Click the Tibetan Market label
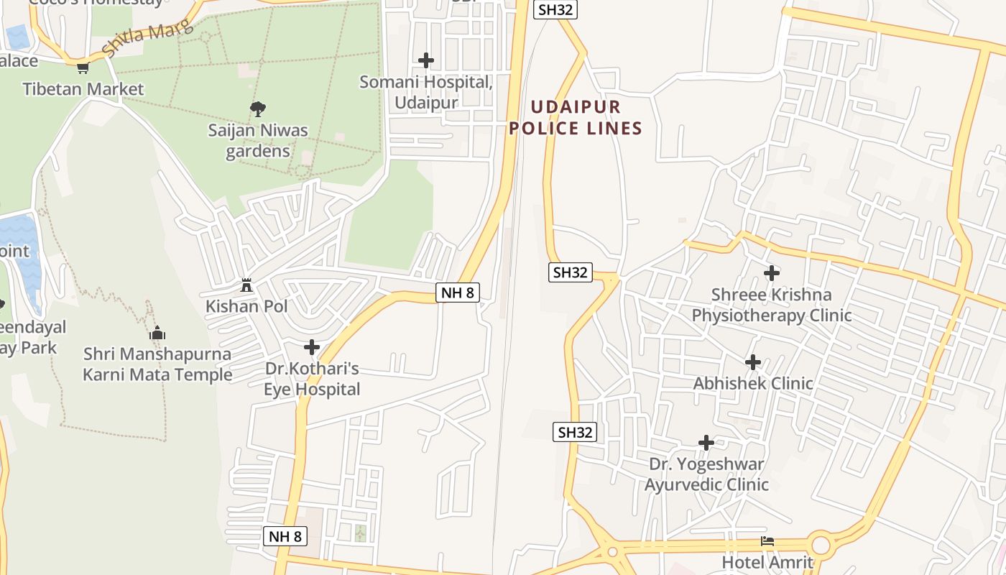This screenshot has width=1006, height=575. point(83,89)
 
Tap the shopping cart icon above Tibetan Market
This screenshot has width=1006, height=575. point(83,68)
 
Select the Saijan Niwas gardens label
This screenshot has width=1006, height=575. point(258,141)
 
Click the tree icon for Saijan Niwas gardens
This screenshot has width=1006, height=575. point(258,109)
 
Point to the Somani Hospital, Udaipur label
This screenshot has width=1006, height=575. point(426,92)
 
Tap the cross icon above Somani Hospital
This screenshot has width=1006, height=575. point(426,60)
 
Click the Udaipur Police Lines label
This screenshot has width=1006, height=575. point(575,118)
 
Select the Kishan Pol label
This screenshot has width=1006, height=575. point(246,306)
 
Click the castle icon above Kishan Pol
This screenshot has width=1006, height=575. point(246,285)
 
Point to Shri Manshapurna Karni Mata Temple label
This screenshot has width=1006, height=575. point(157,364)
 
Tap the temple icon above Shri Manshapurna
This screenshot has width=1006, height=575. point(157,333)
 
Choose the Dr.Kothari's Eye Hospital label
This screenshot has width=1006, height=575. point(312,379)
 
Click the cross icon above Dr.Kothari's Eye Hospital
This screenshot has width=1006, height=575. point(312,348)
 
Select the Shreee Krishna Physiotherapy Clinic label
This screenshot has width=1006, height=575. point(772,305)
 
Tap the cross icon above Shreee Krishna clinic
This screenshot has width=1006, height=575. point(772,273)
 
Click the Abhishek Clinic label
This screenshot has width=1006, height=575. point(753,384)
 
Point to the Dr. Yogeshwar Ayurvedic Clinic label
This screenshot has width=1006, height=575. point(706,474)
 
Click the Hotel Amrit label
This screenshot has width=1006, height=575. point(767,562)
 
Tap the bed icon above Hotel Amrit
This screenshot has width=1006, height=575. point(767,541)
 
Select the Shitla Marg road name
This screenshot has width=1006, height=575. point(148,37)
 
